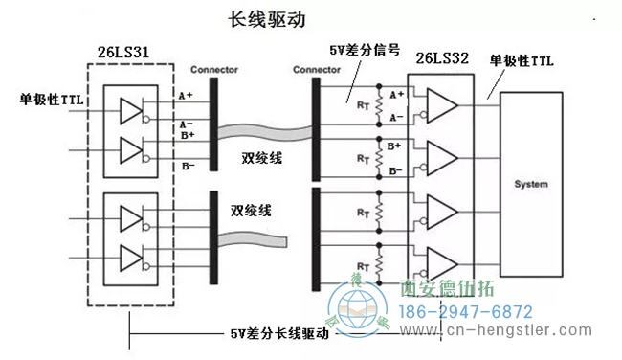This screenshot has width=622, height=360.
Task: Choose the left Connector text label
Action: tap(214, 70)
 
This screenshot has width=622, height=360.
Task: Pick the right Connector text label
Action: tap(317, 70)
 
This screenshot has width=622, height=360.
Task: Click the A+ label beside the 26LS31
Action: tap(186, 96)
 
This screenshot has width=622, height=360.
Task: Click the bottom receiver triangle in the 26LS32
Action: tap(441, 259)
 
